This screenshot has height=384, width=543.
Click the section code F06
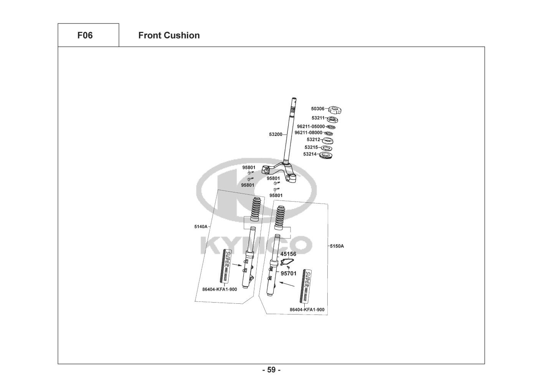[x=85, y=35]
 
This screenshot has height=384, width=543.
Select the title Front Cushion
[x=169, y=35]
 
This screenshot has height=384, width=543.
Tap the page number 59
[x=271, y=370]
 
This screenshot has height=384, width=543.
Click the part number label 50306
[x=317, y=109]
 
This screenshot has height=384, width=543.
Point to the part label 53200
[x=276, y=134]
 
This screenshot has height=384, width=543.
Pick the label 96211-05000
[x=310, y=126]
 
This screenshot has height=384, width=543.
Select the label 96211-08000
[x=308, y=133]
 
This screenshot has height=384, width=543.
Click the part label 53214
[x=310, y=154]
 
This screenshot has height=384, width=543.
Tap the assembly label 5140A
[x=201, y=227]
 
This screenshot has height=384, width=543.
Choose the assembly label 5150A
[x=337, y=246]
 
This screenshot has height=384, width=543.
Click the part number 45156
[x=288, y=254]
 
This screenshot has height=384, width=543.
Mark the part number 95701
[x=288, y=274]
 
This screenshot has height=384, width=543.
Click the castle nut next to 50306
[x=335, y=111]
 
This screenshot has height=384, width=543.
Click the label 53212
[x=313, y=140]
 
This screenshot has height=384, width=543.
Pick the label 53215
[x=311, y=147]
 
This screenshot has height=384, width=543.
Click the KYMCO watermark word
[x=256, y=245]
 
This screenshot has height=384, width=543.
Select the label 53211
[x=318, y=118]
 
